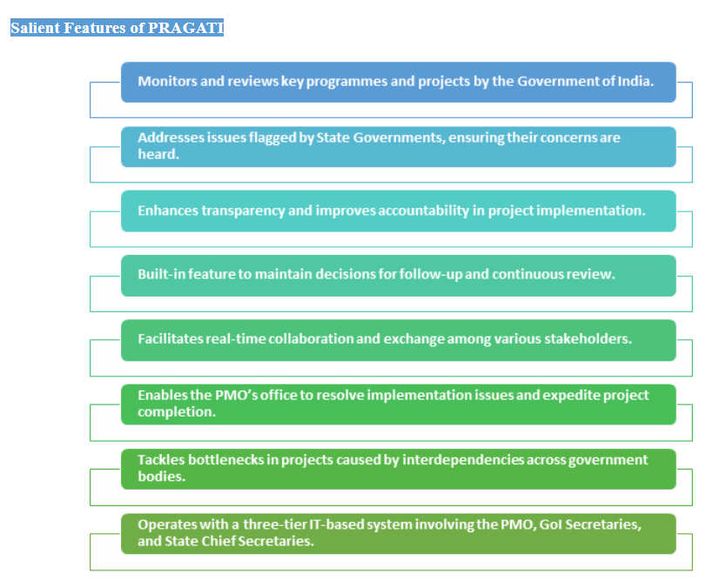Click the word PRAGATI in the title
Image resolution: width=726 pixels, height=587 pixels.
pyautogui.click(x=185, y=28)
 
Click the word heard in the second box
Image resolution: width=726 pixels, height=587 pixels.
pyautogui.click(x=158, y=155)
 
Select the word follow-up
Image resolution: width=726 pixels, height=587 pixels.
pyautogui.click(x=431, y=275)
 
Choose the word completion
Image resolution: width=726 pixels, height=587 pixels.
pyautogui.click(x=177, y=412)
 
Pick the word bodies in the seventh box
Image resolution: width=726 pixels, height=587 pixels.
pyautogui.click(x=162, y=477)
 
